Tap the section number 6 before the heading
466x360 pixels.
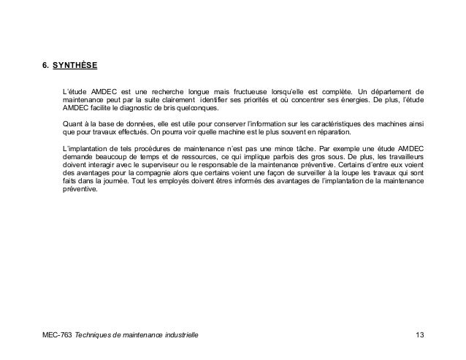[x=45, y=64]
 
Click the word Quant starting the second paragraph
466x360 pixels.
[x=73, y=124]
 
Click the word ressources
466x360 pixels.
[x=188, y=157]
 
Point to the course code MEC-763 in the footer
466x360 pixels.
[x=56, y=335]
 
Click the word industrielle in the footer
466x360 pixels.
[x=177, y=335]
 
